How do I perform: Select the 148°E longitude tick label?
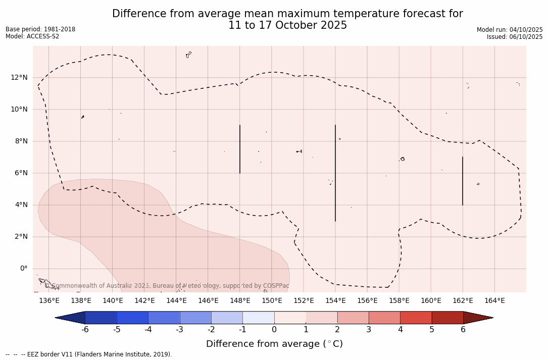coord(240,301)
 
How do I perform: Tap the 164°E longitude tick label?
coord(494,301)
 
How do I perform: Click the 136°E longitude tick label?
coord(49,301)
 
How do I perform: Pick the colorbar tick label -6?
coord(85,330)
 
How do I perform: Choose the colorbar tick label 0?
coord(274,330)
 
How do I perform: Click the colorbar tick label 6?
coord(463,330)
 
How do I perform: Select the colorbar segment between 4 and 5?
coord(416,318)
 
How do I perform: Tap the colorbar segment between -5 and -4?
coord(132,318)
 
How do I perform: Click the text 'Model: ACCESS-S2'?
coord(32,36)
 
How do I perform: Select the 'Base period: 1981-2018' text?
coord(40,29)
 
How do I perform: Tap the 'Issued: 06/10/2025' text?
coord(514,37)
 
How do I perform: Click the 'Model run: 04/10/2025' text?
coord(510,30)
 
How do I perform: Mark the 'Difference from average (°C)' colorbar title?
coord(274,344)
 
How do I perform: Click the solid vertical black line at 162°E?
coord(462,181)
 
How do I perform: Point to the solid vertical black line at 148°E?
coord(240,149)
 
